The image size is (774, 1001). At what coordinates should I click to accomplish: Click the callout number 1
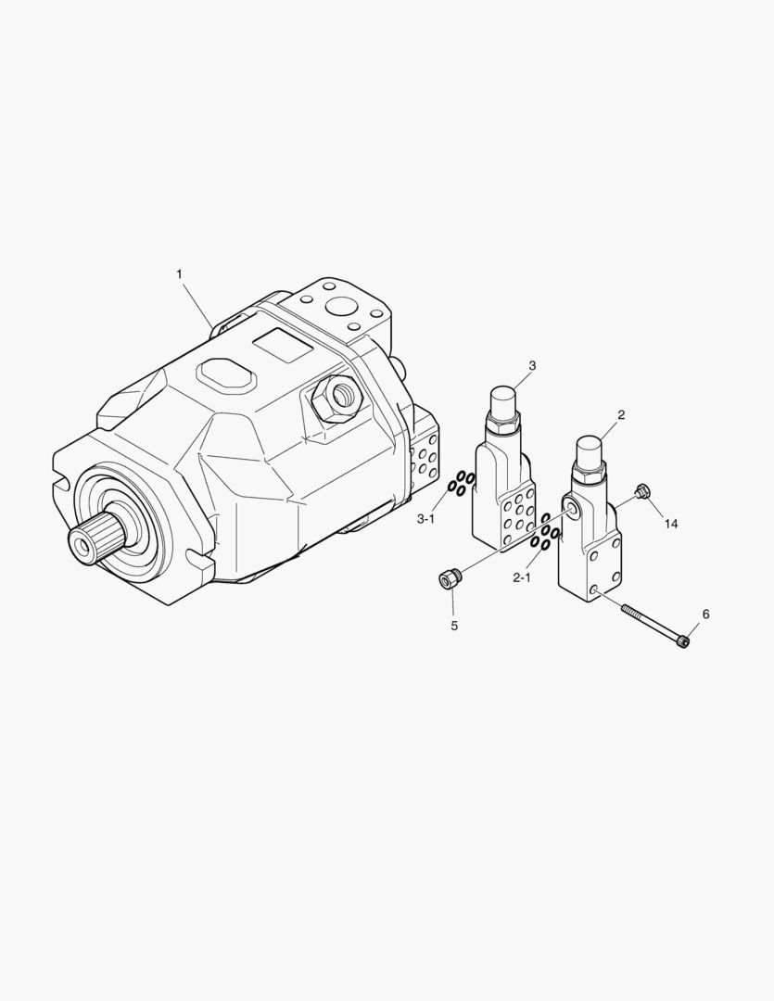tap(179, 274)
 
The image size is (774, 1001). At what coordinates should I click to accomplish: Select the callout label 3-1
tap(425, 519)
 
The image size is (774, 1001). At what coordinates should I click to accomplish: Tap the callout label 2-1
tap(522, 577)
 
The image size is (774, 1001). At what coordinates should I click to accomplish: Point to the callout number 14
tap(671, 524)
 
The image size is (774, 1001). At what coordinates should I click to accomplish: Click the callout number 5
tap(454, 626)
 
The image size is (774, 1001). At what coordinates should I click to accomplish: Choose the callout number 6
tap(705, 615)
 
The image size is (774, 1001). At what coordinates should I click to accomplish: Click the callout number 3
tap(532, 364)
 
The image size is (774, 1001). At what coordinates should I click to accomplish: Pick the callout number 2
tap(621, 414)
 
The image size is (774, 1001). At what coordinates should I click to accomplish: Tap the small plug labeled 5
tap(450, 579)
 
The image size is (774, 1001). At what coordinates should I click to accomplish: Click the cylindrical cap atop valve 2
tap(590, 454)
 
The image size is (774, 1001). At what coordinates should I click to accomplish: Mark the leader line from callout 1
tap(197, 301)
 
